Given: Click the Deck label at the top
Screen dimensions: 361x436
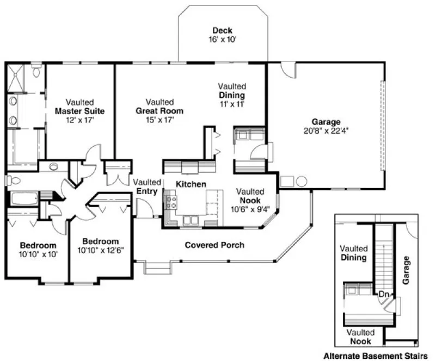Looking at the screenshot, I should tap(223, 30).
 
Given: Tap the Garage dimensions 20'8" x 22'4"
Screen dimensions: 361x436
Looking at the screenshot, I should tap(326, 131).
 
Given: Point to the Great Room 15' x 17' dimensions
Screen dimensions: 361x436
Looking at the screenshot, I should tap(159, 120).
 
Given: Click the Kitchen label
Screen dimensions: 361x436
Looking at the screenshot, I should tap(191, 185).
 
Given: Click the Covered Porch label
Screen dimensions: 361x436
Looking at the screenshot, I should tap(214, 245).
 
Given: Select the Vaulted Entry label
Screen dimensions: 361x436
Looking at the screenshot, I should tap(147, 186).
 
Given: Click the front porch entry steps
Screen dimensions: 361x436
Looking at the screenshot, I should tap(157, 269).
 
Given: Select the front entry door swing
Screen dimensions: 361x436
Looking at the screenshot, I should tap(142, 208).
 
